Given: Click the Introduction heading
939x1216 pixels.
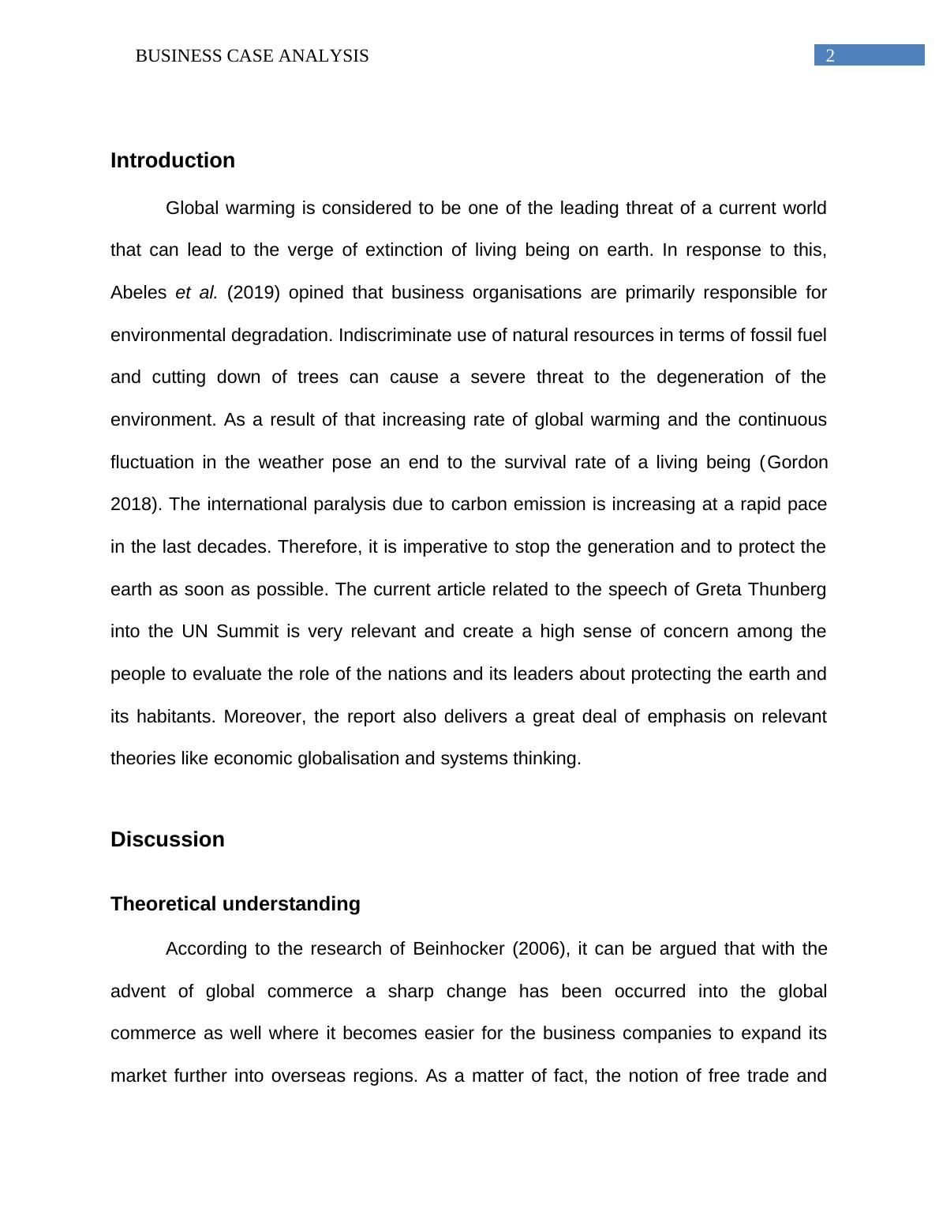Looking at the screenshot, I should [173, 160].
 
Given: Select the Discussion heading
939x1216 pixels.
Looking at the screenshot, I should [167, 839].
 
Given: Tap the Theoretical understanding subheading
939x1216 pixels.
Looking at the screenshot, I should [235, 904].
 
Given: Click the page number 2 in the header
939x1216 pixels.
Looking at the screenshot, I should [830, 56].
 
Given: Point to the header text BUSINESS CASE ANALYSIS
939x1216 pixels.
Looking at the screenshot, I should [252, 56].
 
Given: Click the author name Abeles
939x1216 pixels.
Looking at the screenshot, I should [137, 293].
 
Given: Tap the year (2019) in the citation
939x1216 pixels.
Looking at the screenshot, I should [253, 293].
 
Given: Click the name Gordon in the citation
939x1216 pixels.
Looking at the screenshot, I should [798, 462].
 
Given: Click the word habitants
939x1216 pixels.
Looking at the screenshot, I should [175, 717].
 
